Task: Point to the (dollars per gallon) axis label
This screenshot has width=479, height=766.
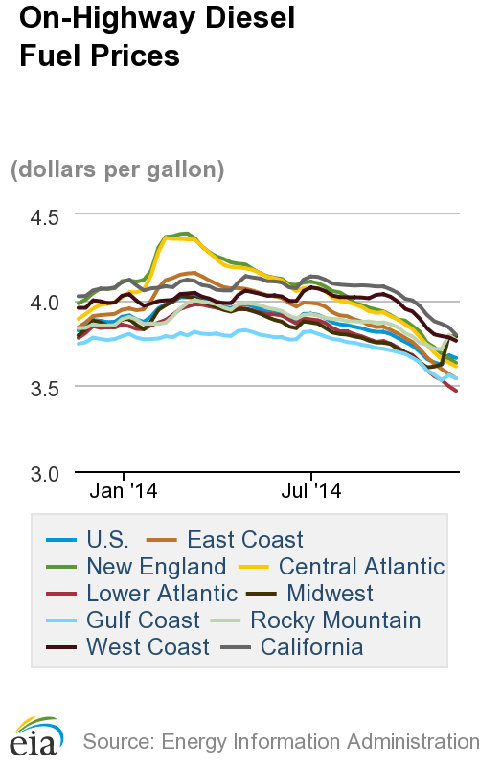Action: pyautogui.click(x=117, y=170)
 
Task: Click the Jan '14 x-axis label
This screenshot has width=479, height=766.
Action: pyautogui.click(x=125, y=492)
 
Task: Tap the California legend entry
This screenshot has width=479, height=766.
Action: pyautogui.click(x=311, y=647)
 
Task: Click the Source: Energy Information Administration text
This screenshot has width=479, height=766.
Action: pyautogui.click(x=280, y=741)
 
